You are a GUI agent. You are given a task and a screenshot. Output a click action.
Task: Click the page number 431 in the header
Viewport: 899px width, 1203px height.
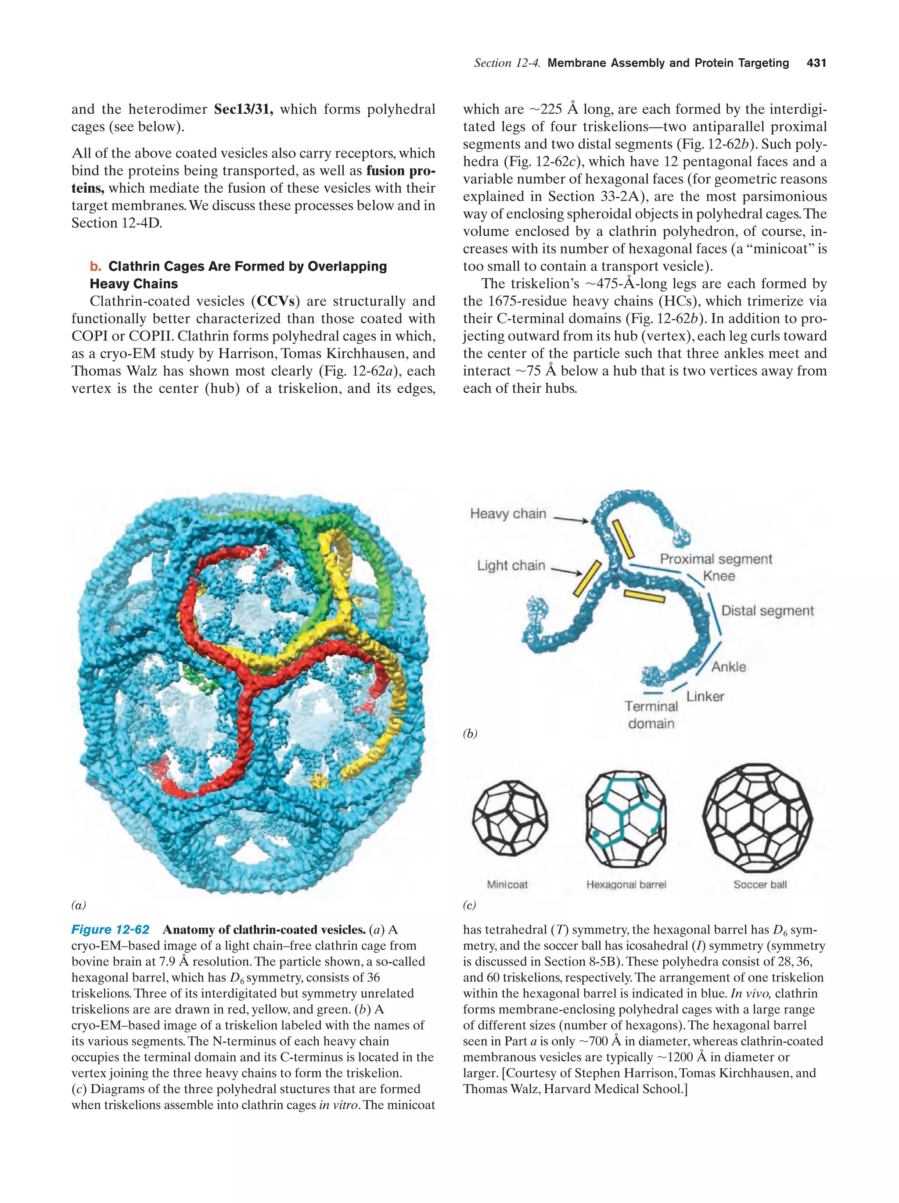[x=816, y=63]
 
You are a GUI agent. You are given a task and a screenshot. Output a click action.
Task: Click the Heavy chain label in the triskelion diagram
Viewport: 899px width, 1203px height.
[x=507, y=514]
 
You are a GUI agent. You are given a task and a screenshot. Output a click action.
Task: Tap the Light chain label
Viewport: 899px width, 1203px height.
[x=511, y=566]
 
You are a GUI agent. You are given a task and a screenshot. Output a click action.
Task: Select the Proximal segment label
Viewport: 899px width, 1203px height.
[x=716, y=559]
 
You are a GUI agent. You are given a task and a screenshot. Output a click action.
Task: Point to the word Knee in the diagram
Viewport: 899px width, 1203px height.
[x=719, y=576]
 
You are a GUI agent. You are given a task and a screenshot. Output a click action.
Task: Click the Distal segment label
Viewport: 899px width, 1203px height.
[x=767, y=611]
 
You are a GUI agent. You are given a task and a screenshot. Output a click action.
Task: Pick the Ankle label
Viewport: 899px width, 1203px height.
[x=728, y=667]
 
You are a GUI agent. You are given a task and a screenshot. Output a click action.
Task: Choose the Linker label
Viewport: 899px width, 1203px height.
[x=705, y=697]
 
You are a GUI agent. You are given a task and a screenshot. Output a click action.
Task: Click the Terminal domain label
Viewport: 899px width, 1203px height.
[x=651, y=715]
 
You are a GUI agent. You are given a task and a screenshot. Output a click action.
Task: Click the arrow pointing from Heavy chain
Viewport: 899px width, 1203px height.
[x=571, y=519]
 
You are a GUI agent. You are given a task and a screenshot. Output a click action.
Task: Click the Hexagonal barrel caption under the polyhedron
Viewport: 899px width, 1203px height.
[x=626, y=885]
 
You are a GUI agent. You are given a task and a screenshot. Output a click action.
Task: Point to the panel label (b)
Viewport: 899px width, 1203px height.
[x=470, y=734]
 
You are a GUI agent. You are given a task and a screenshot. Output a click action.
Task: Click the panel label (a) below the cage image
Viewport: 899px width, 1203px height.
[x=79, y=905]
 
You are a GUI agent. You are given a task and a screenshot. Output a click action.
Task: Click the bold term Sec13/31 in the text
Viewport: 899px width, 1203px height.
[x=243, y=109]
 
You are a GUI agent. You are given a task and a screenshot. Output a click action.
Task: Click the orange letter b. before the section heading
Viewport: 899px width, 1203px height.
[x=96, y=266]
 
